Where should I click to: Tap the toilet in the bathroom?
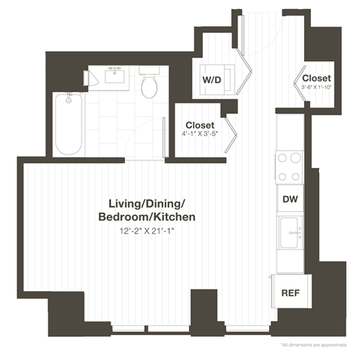click(149, 85)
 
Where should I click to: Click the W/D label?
click(211, 79)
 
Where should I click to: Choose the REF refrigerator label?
click(289, 292)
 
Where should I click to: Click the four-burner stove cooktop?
click(289, 167)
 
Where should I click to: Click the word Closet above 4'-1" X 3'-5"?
click(200, 125)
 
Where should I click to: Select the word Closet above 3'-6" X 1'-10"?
click(316, 78)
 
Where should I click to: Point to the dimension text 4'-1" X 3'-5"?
click(200, 135)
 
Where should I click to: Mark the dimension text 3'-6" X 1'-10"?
click(316, 88)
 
